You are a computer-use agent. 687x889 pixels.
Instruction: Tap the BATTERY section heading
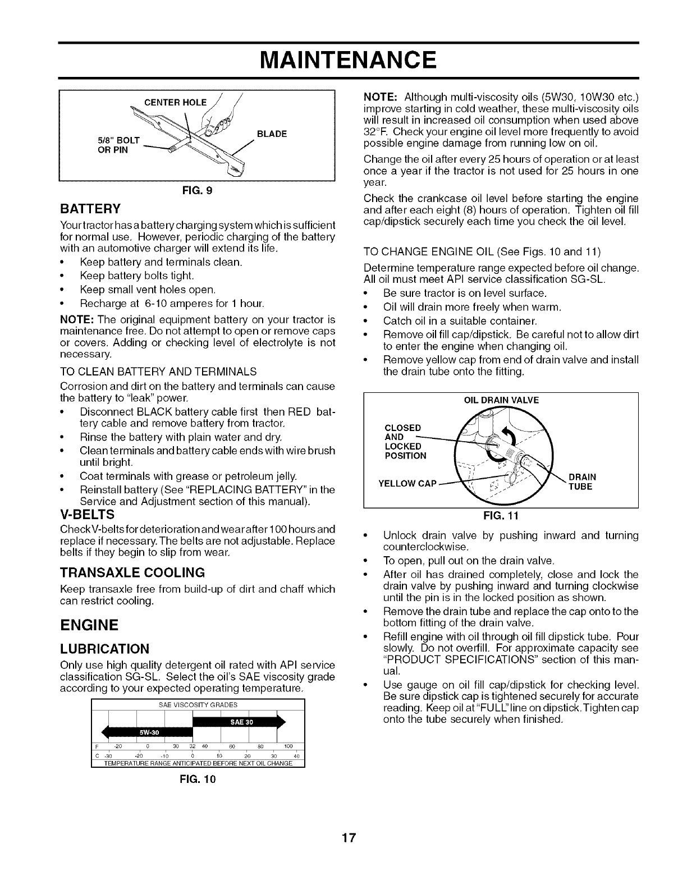pos(90,210)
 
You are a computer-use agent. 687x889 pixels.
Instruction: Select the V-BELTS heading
pos(87,514)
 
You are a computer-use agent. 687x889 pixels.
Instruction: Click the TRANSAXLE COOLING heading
pos(132,572)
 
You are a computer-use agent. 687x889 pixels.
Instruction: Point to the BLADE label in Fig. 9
pos(272,134)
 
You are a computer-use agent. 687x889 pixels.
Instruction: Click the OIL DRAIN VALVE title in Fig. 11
pos(501,400)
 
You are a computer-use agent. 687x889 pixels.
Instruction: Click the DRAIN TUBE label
pos(582,482)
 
